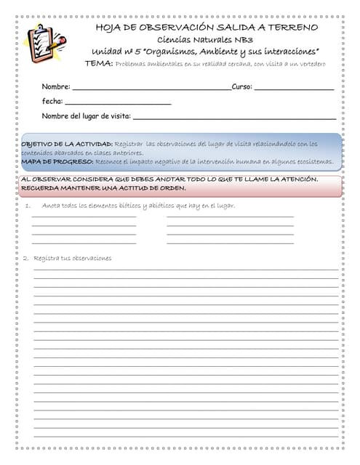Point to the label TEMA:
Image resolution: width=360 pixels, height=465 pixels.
pos(98,64)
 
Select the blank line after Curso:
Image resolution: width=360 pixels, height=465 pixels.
pos(294,88)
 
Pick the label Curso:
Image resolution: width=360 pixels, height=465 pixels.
pos(241,86)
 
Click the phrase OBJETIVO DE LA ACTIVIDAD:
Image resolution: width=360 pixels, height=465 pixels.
pos(66,144)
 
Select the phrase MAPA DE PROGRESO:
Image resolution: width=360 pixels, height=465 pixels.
pos(56,161)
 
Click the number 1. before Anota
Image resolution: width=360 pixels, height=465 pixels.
pos(28,206)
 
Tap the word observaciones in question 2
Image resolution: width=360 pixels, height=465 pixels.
pos(91,258)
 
